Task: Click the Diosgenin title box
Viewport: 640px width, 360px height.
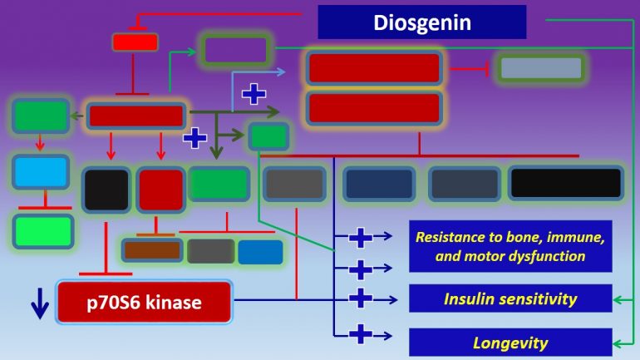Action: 422,22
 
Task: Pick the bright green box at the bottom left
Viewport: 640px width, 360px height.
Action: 43,230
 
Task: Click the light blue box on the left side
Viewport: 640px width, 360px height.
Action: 41,171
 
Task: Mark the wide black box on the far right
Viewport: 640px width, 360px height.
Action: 565,183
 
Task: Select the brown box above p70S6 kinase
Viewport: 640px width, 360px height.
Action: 151,250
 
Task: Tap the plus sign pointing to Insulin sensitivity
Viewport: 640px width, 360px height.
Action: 360,298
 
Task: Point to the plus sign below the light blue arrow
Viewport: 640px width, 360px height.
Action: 254,94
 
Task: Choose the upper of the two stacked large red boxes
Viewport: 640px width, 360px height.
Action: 373,68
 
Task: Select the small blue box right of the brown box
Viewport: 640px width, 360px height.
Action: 260,252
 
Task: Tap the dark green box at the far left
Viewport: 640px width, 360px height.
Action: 40,116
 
